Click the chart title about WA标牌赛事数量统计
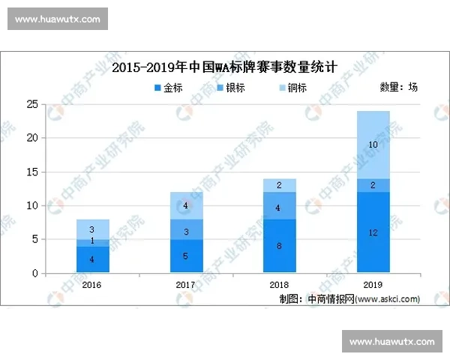coord(224,67)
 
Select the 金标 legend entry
coord(168,88)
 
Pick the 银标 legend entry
coord(228,88)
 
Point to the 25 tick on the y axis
coord(33,104)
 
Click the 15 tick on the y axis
coord(33,172)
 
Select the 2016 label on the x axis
coord(92,285)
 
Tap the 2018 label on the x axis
coord(279,285)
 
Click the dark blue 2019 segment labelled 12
coord(373,232)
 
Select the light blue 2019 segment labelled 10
coord(373,145)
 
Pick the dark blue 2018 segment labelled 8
coord(279,246)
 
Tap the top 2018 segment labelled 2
coord(279,185)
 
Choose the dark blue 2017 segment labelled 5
coord(185,256)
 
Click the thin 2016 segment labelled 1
coord(92,243)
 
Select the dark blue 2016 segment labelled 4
coord(92,259)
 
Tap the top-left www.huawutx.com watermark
coord(57,19)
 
